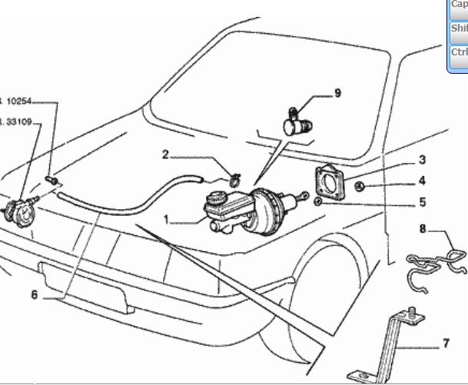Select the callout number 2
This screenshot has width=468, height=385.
point(165,155)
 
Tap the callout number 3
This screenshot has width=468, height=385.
point(422,160)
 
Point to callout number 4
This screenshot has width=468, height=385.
point(422,182)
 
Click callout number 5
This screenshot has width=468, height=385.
point(422,204)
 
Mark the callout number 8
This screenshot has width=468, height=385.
point(423,228)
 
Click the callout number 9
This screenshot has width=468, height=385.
point(337,94)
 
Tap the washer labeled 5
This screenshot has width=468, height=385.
point(317,202)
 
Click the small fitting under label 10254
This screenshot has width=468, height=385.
point(54,180)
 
